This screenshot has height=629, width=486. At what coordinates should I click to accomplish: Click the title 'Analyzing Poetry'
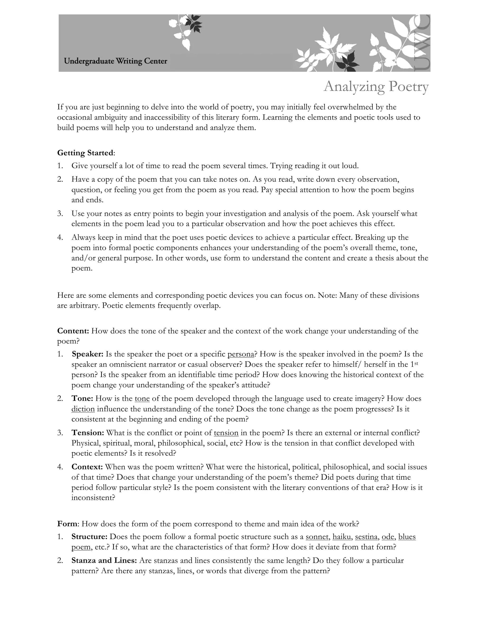click(376, 86)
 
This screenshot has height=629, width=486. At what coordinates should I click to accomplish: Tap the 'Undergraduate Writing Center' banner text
click(116, 61)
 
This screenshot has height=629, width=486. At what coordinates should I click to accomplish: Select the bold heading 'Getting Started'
click(85, 153)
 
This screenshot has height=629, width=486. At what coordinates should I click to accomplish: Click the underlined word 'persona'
click(241, 354)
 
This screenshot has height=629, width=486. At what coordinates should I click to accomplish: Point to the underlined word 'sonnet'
click(317, 537)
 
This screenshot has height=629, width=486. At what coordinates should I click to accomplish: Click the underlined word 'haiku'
click(342, 537)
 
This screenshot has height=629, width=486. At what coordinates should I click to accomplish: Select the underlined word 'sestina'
click(366, 537)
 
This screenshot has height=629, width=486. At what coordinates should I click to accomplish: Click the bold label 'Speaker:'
click(88, 354)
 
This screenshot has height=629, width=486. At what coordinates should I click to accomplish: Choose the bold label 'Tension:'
click(88, 433)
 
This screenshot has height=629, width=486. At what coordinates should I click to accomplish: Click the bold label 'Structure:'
click(89, 537)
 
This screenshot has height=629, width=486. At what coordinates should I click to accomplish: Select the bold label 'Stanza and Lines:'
click(104, 560)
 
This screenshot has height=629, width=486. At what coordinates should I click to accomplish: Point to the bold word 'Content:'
click(73, 331)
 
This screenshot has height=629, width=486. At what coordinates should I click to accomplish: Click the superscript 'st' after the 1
click(416, 363)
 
